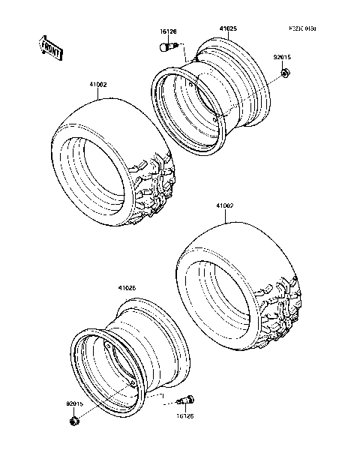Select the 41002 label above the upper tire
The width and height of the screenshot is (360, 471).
coord(97,85)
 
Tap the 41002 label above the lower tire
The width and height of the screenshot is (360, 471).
coord(226,205)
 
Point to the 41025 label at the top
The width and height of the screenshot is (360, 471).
coord(227,29)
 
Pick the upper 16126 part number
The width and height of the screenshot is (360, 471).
coord(168,31)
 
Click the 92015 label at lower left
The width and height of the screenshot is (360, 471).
coord(75,404)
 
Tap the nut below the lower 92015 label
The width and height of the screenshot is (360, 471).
coord(73,422)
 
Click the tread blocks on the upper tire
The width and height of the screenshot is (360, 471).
coord(160,187)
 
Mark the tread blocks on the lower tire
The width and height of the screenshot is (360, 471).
coord(281,311)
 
